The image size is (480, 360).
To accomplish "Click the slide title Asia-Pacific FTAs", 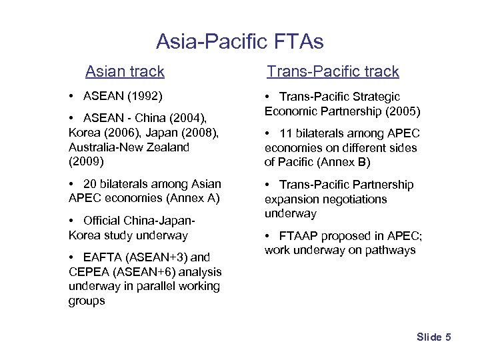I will [x=239, y=42].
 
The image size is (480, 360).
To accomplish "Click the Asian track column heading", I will [x=125, y=71].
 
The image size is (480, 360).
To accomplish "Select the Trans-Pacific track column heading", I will [x=333, y=71].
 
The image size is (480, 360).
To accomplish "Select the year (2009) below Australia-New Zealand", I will [x=87, y=161].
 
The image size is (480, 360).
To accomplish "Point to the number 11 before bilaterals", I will [x=287, y=133].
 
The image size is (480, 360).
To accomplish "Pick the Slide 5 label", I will [x=434, y=337].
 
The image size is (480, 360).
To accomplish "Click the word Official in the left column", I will [x=105, y=221].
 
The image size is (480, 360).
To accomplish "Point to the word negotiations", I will [x=361, y=199].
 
